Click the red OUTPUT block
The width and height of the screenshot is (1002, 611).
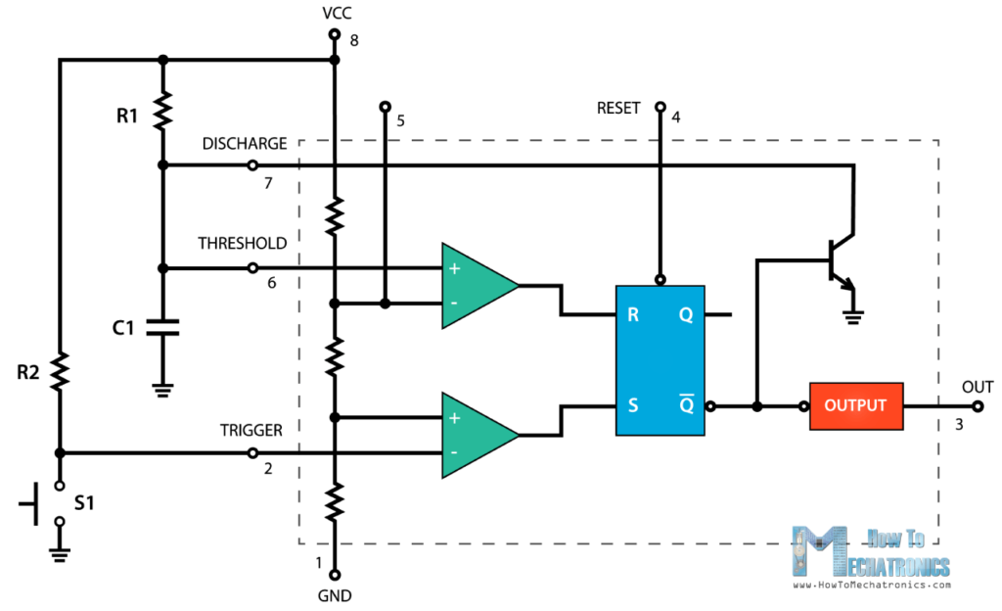pyautogui.click(x=855, y=405)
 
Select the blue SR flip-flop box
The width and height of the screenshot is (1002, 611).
pyautogui.click(x=659, y=360)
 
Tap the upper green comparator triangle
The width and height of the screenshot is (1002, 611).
pyautogui.click(x=477, y=286)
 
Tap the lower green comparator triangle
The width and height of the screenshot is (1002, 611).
pyautogui.click(x=477, y=435)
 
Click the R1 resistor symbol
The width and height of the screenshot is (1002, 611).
pyautogui.click(x=162, y=110)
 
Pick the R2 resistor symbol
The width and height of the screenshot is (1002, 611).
pyautogui.click(x=59, y=371)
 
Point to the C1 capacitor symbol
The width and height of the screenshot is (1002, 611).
pyautogui.click(x=162, y=327)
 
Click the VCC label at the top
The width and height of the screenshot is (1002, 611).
pyautogui.click(x=335, y=15)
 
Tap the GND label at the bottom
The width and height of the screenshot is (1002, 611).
pyautogui.click(x=335, y=595)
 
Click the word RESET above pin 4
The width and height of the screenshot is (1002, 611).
pyautogui.click(x=618, y=106)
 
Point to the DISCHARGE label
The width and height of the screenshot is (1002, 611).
pyautogui.click(x=245, y=144)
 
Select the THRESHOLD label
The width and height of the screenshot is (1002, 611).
pyautogui.click(x=242, y=243)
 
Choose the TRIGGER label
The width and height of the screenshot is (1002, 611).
pyautogui.click(x=250, y=430)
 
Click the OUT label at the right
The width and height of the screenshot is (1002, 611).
pyautogui.click(x=977, y=387)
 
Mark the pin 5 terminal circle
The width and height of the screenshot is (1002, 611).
pyautogui.click(x=386, y=106)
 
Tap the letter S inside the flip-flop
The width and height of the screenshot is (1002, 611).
pyautogui.click(x=635, y=404)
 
